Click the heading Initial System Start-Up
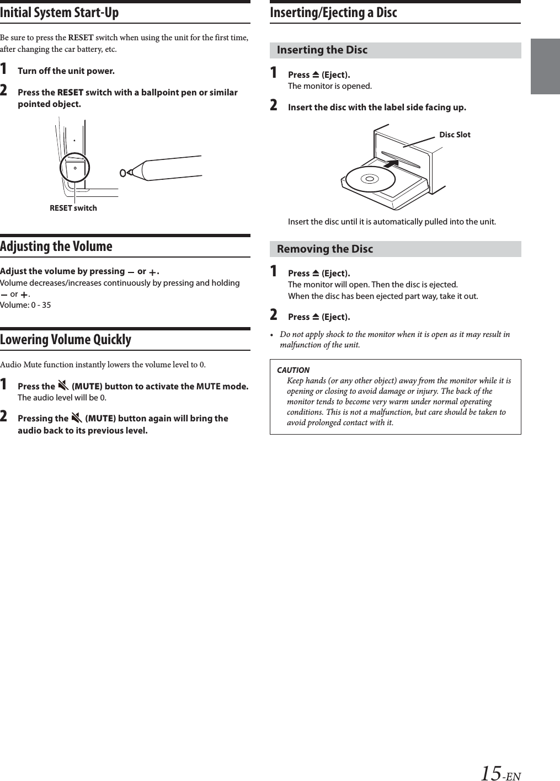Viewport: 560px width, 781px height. point(60,12)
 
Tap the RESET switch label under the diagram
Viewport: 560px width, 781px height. point(73,208)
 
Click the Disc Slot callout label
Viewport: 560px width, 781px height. point(455,135)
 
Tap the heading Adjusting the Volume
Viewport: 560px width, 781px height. point(56,246)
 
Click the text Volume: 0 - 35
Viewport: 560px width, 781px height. point(25,305)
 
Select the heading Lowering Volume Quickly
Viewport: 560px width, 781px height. point(66,339)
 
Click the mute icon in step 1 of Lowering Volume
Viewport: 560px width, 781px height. point(63,386)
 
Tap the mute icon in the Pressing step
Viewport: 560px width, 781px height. point(76,418)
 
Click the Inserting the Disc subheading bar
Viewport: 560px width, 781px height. point(395,50)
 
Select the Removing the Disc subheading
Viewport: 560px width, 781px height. point(325,249)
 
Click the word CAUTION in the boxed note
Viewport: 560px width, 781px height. point(293,370)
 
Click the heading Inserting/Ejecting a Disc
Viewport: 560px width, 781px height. point(333,12)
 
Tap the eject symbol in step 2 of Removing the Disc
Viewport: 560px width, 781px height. point(316,317)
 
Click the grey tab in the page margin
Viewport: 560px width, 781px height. point(545,67)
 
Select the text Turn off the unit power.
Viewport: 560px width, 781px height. point(66,71)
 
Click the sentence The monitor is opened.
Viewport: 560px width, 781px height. point(330,86)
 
